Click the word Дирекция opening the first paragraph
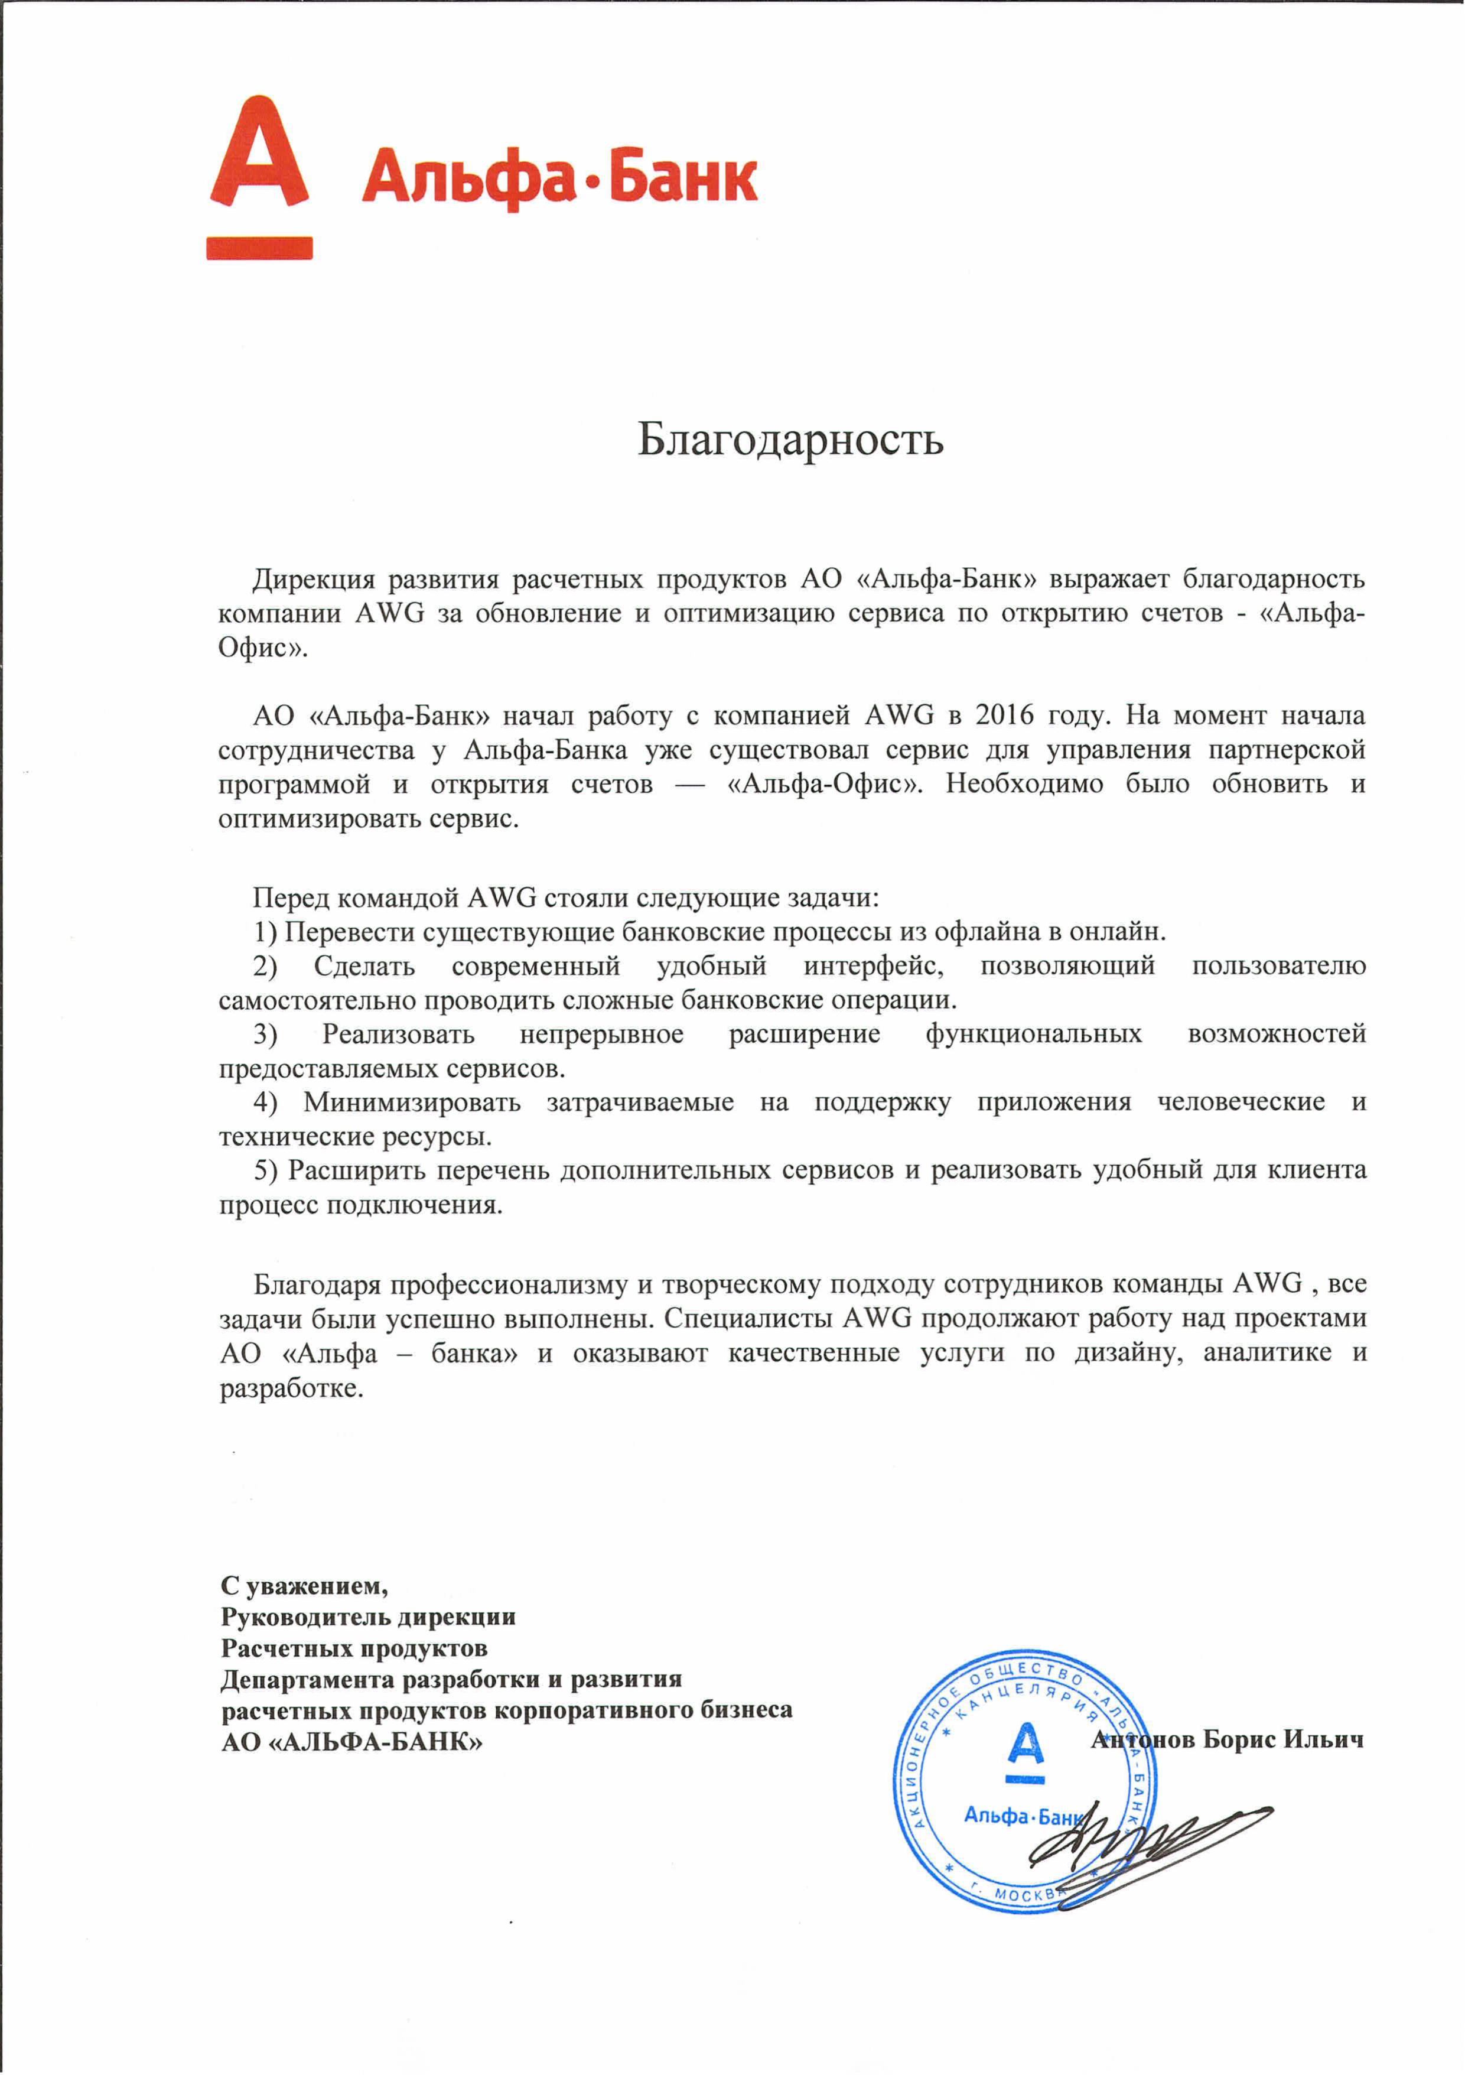click(312, 579)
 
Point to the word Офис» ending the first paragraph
click(263, 648)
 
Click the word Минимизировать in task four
click(412, 1102)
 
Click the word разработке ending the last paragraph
click(291, 1388)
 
